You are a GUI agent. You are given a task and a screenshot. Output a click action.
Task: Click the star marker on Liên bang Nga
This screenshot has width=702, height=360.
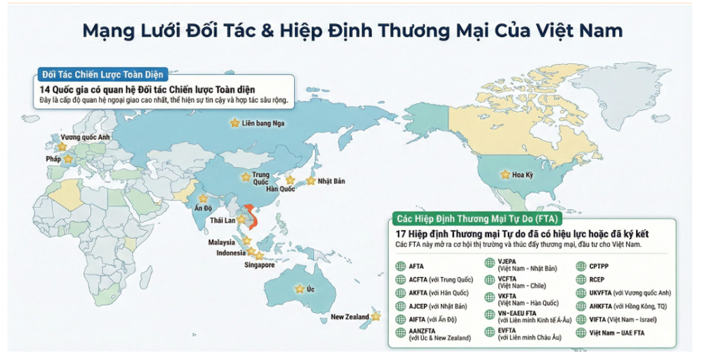234,123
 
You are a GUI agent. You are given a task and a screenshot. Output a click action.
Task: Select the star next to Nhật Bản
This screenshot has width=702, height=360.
310,180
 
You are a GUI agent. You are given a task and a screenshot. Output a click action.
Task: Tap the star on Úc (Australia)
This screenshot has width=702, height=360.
300,288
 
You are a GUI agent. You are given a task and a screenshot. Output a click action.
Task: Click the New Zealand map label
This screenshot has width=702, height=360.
350,317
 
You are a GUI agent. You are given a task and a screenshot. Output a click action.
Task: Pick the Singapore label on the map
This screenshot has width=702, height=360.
259,265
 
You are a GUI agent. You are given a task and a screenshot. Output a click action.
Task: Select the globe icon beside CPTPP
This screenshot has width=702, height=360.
581,266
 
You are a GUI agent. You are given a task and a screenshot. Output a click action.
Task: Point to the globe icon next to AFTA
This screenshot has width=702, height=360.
402,266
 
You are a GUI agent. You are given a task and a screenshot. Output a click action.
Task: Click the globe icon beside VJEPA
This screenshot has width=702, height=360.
491,265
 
